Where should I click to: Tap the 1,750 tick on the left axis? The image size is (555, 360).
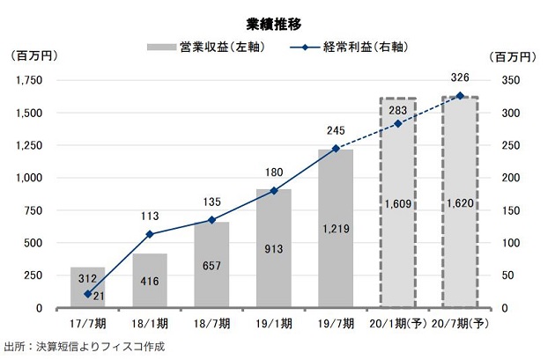click(29, 81)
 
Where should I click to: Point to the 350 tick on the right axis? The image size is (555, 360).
click(516, 81)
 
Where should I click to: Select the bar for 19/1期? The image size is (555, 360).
click(274, 264)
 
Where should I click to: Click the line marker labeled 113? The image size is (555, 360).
click(150, 234)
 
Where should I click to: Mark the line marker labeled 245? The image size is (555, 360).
click(336, 149)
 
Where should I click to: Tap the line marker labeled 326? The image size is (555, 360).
click(460, 96)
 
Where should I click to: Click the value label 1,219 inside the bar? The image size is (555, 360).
click(336, 229)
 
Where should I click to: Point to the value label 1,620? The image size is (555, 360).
click(460, 204)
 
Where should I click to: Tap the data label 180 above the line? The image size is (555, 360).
click(274, 173)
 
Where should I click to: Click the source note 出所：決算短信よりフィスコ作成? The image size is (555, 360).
click(84, 346)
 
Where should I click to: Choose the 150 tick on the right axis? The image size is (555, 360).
click(516, 210)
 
